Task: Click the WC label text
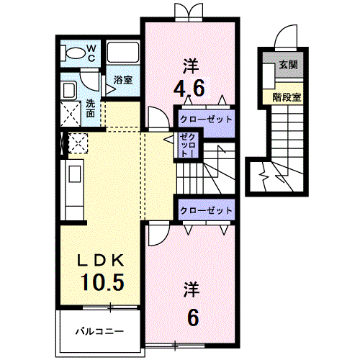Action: tap(91, 53)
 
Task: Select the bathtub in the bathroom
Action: tap(122, 53)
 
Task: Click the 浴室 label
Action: tap(123, 80)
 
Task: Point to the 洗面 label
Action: tap(91, 109)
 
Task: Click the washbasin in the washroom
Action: tap(68, 90)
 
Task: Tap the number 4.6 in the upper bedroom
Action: tap(189, 88)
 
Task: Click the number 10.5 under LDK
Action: tap(102, 282)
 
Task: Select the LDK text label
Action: tap(100, 260)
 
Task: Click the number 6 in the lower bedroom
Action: tap(193, 318)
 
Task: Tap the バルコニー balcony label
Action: tap(99, 332)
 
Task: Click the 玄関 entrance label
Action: tap(288, 64)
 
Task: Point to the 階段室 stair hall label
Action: tap(287, 97)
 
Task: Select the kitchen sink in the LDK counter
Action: tap(75, 174)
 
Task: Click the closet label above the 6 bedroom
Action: tap(206, 210)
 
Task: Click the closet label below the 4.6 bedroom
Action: tap(206, 120)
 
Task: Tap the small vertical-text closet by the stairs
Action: tap(189, 145)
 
